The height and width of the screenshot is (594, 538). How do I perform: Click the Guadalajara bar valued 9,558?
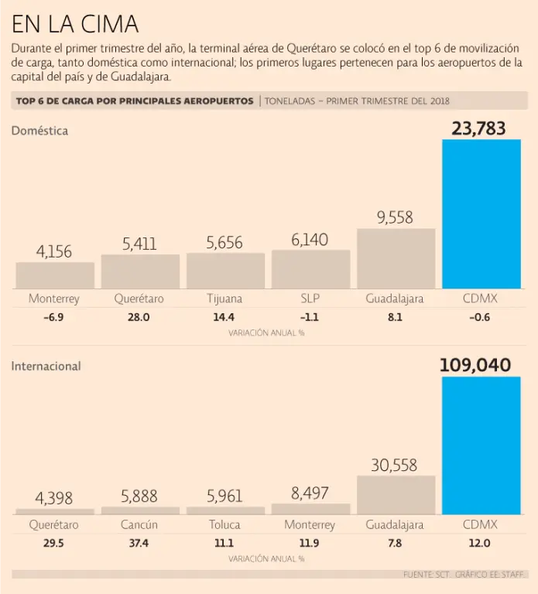(396, 258)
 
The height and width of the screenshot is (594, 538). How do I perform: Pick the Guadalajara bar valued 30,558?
(396, 495)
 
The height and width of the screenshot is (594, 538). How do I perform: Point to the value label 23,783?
(478, 128)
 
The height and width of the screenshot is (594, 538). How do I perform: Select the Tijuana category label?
(224, 299)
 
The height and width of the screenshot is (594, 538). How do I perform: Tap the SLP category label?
(310, 299)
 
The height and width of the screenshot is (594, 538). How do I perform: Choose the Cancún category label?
(139, 525)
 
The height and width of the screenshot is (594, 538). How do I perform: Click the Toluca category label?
(224, 525)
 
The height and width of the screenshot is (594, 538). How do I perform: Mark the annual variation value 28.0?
(139, 317)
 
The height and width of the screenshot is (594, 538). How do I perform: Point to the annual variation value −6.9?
(54, 317)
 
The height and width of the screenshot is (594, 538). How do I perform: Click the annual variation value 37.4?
(139, 544)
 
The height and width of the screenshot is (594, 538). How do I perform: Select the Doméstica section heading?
(39, 131)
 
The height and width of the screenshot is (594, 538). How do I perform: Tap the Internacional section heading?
(46, 367)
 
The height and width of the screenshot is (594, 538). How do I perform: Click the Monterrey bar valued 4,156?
(55, 275)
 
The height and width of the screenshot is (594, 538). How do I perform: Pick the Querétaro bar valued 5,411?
(140, 271)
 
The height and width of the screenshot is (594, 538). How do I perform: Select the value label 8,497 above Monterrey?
(310, 493)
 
